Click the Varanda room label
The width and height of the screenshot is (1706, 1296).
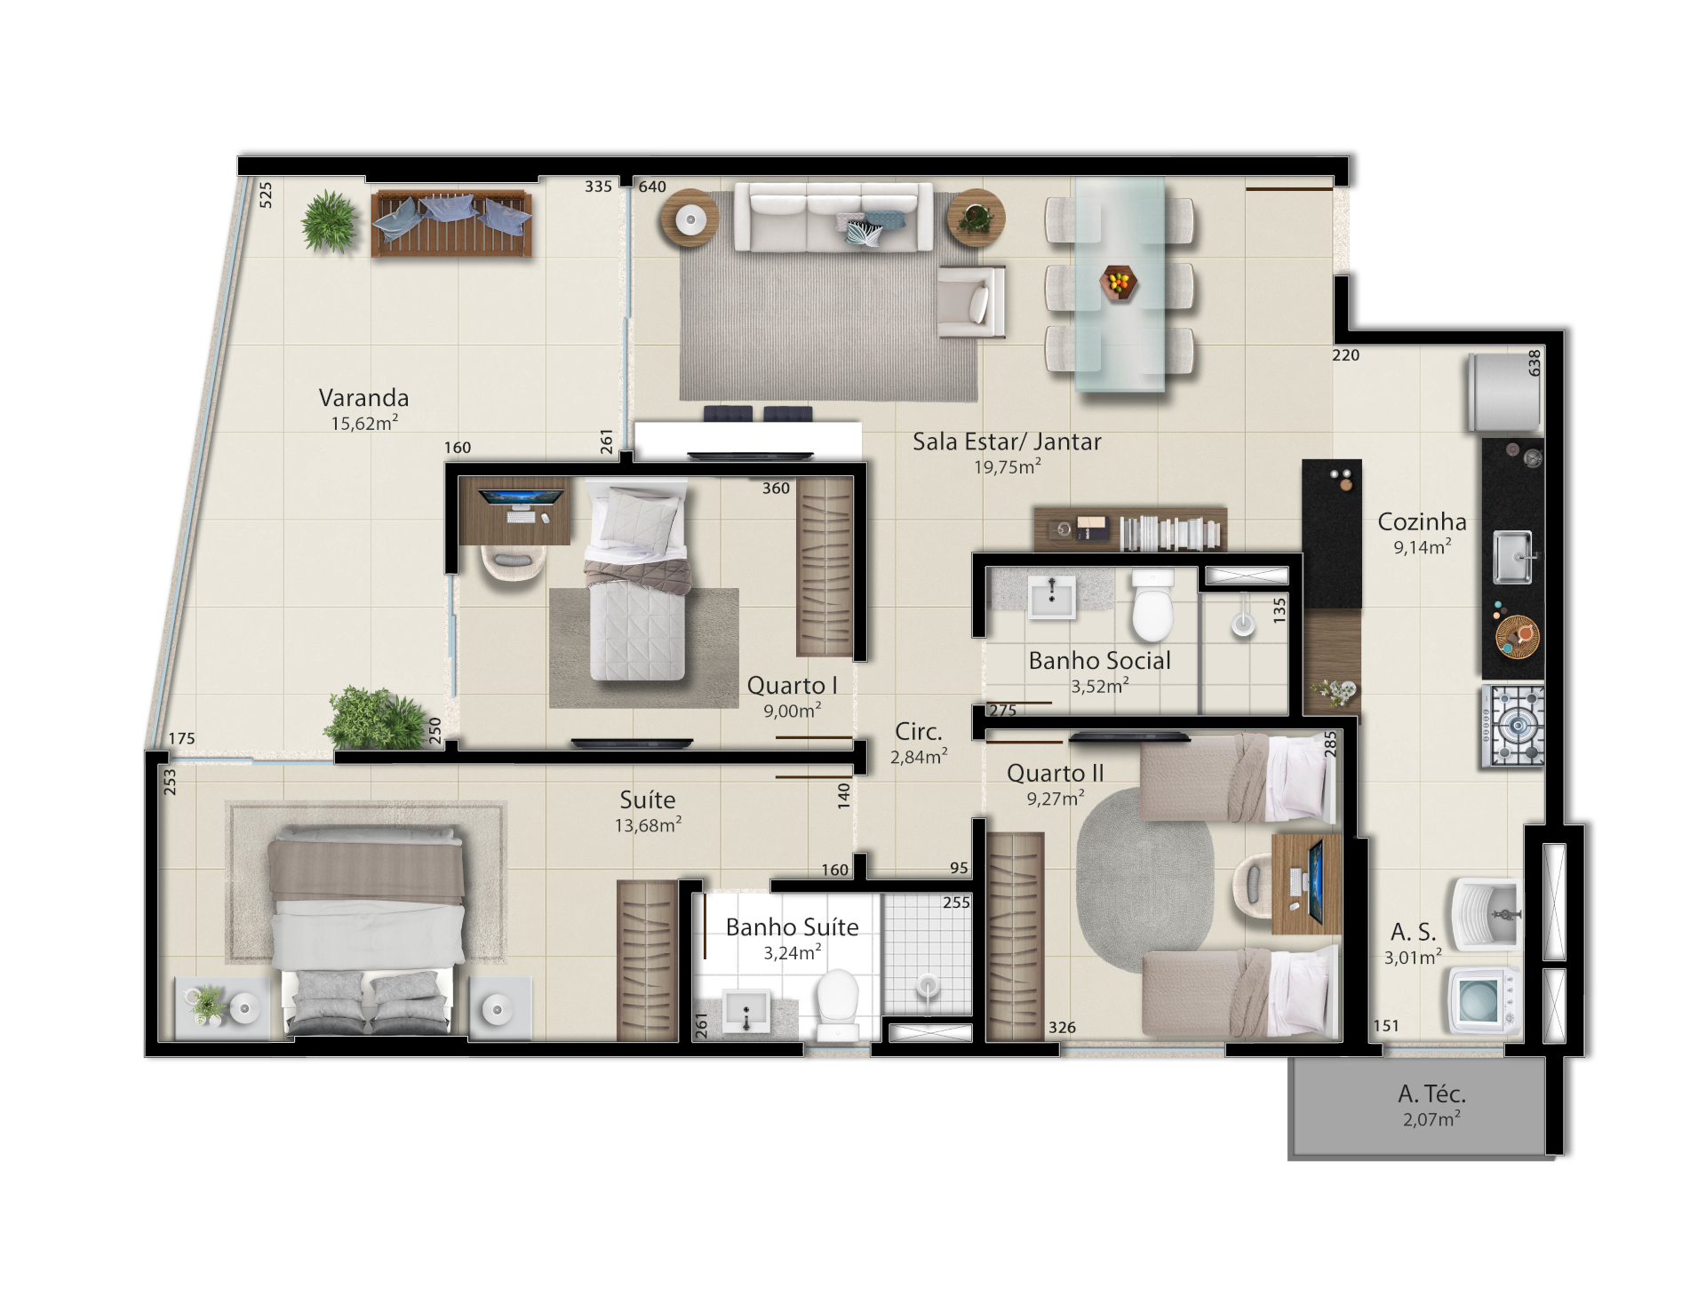click(x=363, y=398)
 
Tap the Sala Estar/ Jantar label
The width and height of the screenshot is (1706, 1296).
click(x=1007, y=441)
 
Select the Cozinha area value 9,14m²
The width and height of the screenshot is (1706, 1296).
click(x=1422, y=547)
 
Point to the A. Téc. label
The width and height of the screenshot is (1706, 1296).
click(x=1431, y=1093)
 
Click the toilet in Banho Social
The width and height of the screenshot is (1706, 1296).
click(x=1152, y=604)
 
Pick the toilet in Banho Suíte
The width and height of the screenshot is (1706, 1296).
click(x=836, y=1005)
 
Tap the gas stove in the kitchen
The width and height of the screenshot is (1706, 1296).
click(x=1512, y=726)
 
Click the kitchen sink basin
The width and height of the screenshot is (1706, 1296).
click(x=1512, y=558)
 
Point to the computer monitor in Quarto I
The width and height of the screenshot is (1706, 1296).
click(x=514, y=497)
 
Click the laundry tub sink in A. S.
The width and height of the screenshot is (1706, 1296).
click(x=1486, y=914)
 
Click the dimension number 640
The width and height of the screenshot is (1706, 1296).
click(x=652, y=187)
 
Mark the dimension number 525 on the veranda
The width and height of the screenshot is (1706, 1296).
click(x=266, y=195)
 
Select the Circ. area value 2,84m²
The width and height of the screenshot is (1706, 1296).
click(x=919, y=757)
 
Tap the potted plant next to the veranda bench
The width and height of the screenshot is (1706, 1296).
click(x=330, y=221)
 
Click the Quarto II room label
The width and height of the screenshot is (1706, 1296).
click(x=1055, y=774)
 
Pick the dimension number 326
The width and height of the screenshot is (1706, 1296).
click(x=1062, y=1028)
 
